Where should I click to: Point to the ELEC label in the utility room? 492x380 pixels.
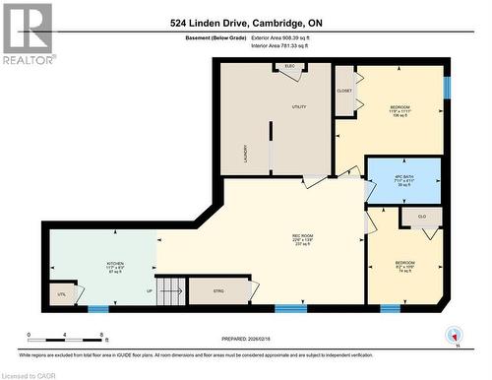coord(289,66)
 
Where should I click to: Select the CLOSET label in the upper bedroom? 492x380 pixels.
coord(344,91)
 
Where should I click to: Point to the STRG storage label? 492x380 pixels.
coord(218,290)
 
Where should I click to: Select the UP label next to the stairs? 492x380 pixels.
coord(150,291)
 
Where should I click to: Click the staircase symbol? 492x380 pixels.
coord(171,291)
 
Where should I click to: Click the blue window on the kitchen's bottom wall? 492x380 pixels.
coord(97,309)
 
